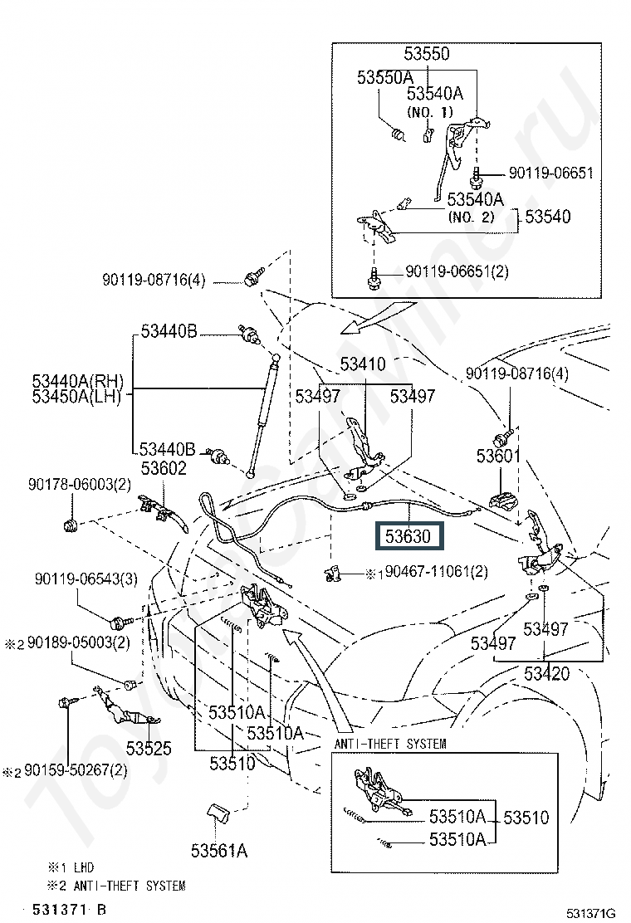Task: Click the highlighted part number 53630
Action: click(408, 536)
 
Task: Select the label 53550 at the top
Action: click(427, 54)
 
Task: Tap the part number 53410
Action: click(363, 364)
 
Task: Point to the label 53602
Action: click(164, 468)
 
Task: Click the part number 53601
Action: click(498, 456)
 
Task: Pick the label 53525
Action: click(149, 748)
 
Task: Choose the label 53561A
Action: click(219, 851)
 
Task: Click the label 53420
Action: click(547, 673)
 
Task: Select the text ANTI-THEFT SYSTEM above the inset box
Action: click(390, 744)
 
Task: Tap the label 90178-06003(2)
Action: click(80, 485)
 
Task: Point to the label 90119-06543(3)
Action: click(86, 579)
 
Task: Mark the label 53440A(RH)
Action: click(78, 381)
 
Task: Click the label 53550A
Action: click(385, 78)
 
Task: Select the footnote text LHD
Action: click(84, 867)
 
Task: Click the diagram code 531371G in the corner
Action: click(590, 913)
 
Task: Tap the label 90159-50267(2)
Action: click(76, 770)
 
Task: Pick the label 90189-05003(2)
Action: click(79, 642)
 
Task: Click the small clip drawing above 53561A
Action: click(218, 813)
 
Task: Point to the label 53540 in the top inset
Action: click(548, 217)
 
